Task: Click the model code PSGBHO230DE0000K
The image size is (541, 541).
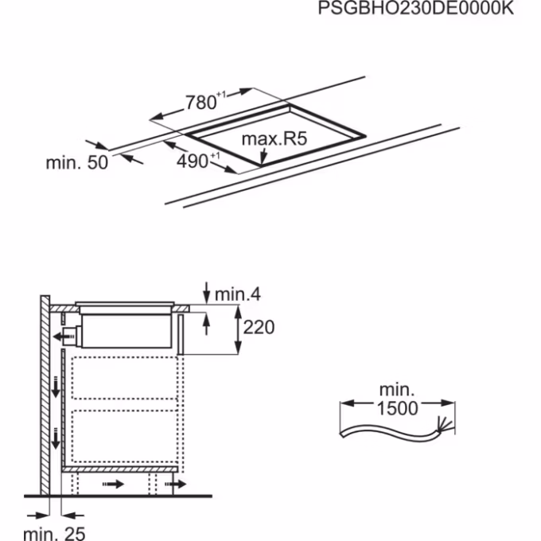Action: tap(416, 8)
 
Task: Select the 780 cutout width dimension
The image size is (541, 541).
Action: tap(201, 103)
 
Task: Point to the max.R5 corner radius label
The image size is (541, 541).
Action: tap(274, 138)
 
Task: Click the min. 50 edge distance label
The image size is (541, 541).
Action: tap(77, 162)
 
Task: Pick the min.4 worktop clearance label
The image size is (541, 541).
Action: tap(238, 294)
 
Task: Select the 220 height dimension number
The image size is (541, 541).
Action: tap(259, 327)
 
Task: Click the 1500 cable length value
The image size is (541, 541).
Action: tap(398, 408)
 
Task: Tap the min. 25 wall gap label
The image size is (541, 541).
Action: tap(54, 533)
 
